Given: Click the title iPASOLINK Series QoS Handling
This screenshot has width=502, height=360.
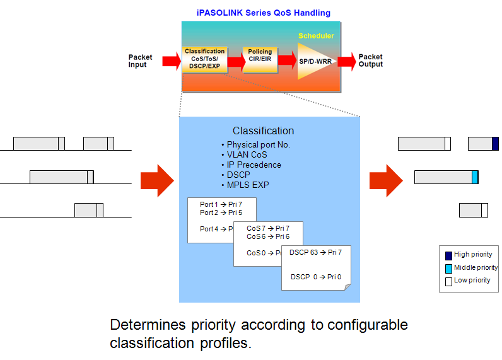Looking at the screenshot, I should coord(263,13).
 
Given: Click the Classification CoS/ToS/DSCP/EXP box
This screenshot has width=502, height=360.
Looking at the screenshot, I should coord(204,59).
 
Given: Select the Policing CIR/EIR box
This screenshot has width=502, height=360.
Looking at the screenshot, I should coord(260,60).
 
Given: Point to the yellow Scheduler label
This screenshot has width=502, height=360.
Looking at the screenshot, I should coord(316,36).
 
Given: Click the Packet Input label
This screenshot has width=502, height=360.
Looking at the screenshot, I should coord(141,61).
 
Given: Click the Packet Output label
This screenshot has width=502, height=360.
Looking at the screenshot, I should coord(371,61).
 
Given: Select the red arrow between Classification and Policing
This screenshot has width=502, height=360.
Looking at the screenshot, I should coord(235,61).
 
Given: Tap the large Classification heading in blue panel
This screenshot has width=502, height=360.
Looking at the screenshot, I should coord(263,131).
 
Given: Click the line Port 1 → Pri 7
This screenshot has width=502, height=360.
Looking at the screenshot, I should coord(221,204).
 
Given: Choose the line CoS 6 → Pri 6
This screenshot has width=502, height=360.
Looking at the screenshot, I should coord(268,236).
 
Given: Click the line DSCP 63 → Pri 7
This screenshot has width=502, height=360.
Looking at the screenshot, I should coord(315,252).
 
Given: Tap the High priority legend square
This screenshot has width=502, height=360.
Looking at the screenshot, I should coord(448,255).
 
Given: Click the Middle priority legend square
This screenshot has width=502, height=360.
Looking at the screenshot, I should coord(448,268).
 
